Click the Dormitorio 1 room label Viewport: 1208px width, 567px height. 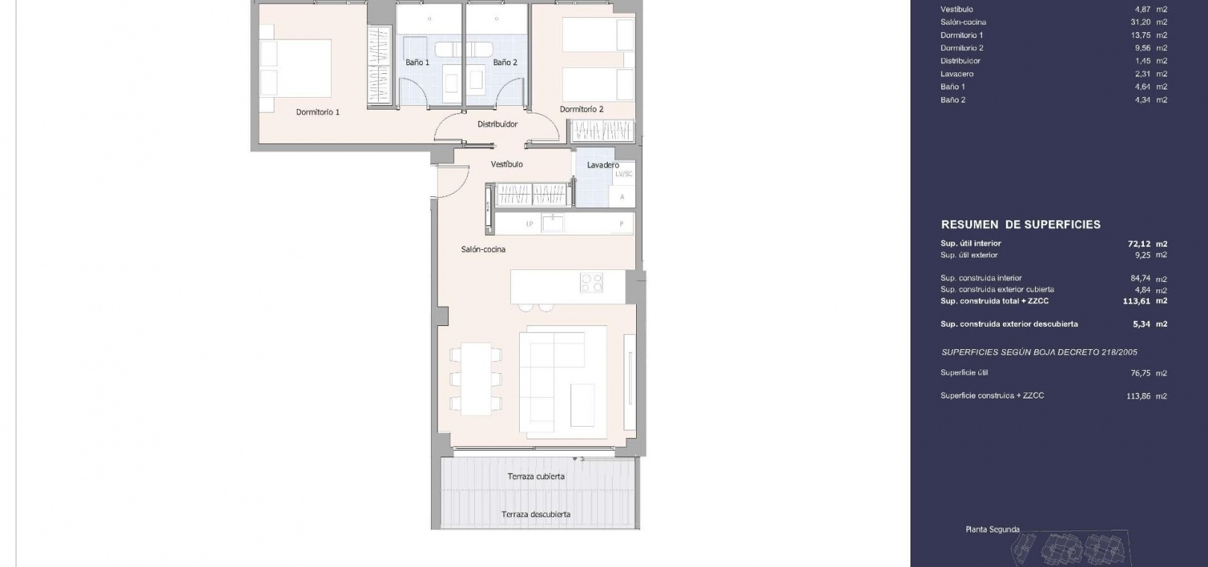pyautogui.click(x=318, y=112)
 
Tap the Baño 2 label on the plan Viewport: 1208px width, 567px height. pyautogui.click(x=505, y=62)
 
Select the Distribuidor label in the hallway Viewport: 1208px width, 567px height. pyautogui.click(x=497, y=124)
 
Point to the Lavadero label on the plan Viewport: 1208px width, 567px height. pyautogui.click(x=603, y=165)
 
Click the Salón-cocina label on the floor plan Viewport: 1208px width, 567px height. pyautogui.click(x=483, y=249)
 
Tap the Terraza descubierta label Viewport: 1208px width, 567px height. pyautogui.click(x=535, y=514)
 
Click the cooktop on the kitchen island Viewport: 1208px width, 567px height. pyautogui.click(x=591, y=282)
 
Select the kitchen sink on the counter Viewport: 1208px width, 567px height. pyautogui.click(x=553, y=223)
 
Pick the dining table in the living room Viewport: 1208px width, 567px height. pyautogui.click(x=476, y=379)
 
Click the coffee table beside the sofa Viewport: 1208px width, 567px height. pyautogui.click(x=582, y=404)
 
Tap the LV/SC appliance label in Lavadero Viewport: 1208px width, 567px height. pyautogui.click(x=624, y=175)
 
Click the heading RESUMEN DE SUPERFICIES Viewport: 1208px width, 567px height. pyautogui.click(x=1021, y=225)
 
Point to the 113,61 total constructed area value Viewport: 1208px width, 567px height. pyautogui.click(x=1138, y=301)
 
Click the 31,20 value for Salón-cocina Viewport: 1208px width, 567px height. pyautogui.click(x=1141, y=22)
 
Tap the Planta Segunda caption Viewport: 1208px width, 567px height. pyautogui.click(x=992, y=530)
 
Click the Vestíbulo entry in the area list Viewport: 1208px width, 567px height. pyautogui.click(x=957, y=9)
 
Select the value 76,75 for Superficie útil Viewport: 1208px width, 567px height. pyautogui.click(x=1141, y=373)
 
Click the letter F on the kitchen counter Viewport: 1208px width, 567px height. pyautogui.click(x=622, y=224)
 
